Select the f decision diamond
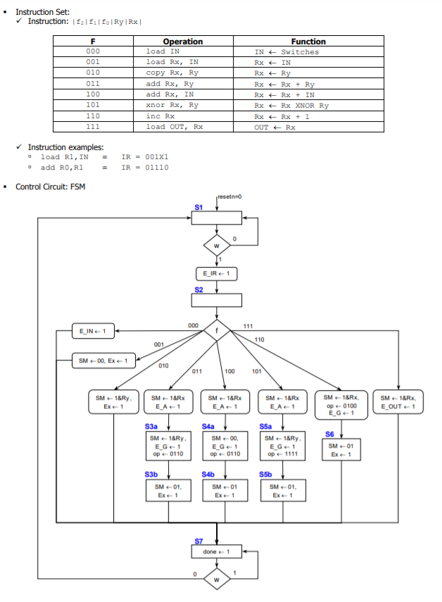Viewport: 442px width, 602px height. tap(216, 330)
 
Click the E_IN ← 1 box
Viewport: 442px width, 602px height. tap(94, 330)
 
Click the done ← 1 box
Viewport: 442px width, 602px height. tap(216, 551)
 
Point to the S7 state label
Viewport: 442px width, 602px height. tap(198, 541)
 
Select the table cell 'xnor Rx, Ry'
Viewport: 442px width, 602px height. tap(172, 106)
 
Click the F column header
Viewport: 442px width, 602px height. tap(93, 42)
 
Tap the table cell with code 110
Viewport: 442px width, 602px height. tap(93, 116)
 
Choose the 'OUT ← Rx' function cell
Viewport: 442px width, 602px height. tap(275, 127)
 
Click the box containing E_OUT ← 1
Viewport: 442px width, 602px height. tap(398, 402)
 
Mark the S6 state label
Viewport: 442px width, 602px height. tap(329, 434)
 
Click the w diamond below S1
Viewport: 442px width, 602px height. tap(216, 246)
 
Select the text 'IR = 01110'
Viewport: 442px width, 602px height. tap(145, 168)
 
